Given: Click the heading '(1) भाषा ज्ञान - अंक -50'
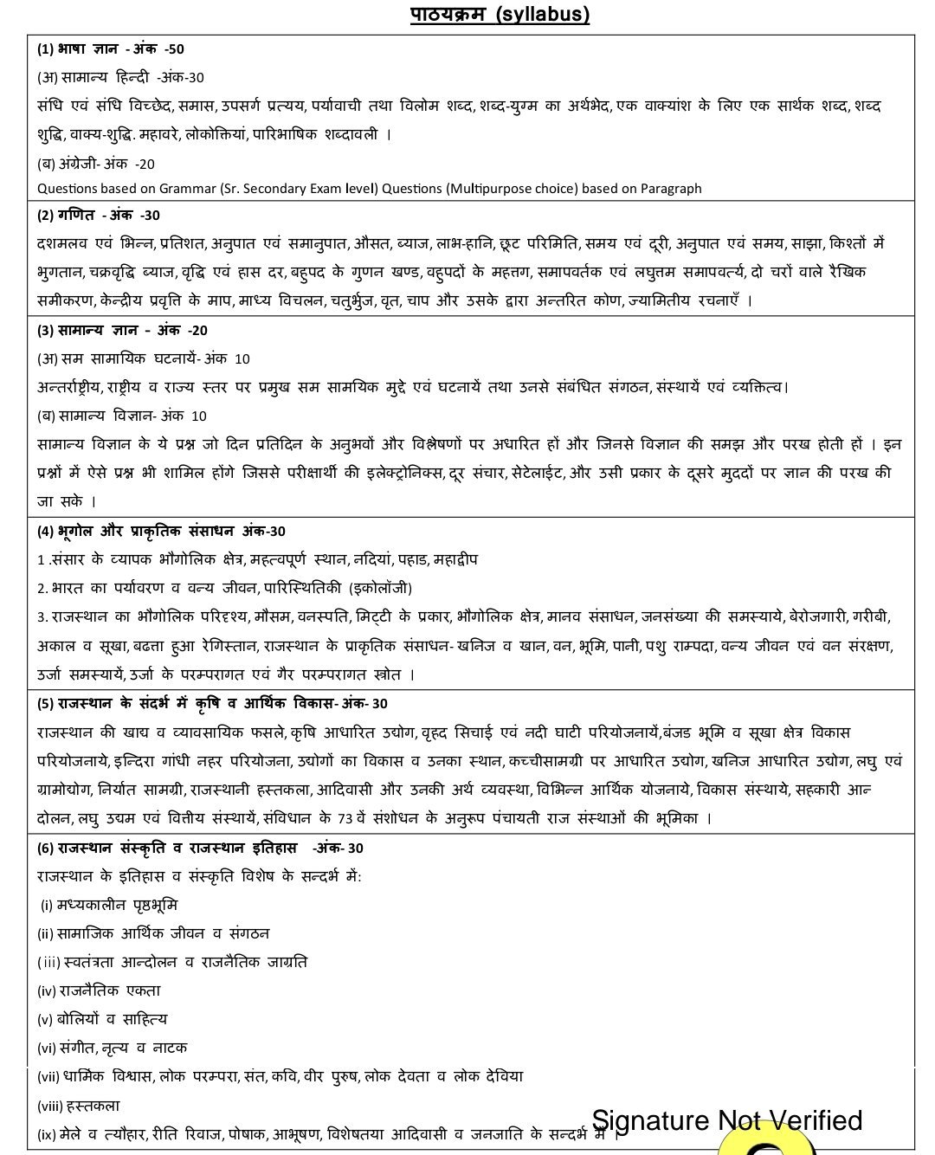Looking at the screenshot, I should tap(111, 49).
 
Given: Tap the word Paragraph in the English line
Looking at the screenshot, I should tap(671, 189).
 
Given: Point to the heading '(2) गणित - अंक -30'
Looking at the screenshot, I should tap(99, 216).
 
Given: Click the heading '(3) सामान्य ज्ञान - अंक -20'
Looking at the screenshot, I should tap(122, 331).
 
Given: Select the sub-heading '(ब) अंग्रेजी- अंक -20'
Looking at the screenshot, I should tap(96, 164).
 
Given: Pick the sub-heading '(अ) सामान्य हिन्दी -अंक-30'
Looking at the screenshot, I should tap(120, 78).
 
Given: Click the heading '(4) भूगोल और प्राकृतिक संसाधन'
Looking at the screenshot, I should tap(161, 532).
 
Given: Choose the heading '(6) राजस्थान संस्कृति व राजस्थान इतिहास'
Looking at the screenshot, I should tap(199, 848).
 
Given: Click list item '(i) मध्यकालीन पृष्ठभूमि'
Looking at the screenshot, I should tap(109, 906).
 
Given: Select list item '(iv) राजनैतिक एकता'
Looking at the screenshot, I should tap(99, 991).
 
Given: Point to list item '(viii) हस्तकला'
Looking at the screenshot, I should tap(79, 1106).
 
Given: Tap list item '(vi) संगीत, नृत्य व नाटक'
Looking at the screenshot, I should tap(113, 1049).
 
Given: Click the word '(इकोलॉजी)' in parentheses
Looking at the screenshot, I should tap(380, 589).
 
